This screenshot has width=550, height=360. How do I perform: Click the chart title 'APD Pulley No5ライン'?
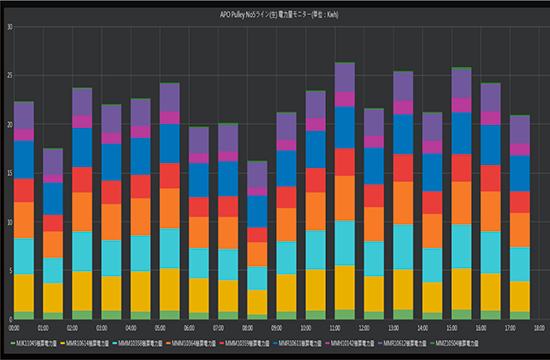(274, 15)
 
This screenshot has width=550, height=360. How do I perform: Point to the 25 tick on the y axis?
(9, 75)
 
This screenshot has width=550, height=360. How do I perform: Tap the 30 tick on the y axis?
(9, 27)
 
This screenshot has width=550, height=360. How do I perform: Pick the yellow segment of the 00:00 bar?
(23, 292)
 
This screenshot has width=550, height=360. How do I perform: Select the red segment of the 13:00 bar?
(403, 167)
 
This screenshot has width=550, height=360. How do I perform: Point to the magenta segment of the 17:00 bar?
(520, 149)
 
